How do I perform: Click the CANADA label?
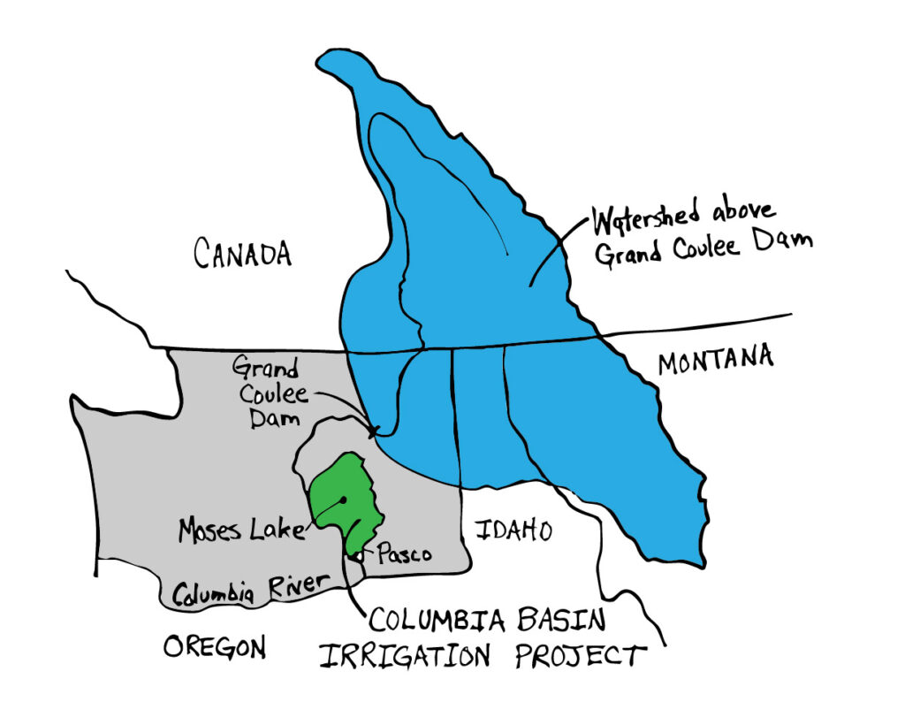coord(242,255)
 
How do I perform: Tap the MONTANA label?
coord(716,360)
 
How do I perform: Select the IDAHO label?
coord(513,531)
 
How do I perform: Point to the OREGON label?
coord(215,648)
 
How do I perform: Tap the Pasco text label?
coord(404,555)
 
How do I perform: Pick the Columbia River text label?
coord(250,589)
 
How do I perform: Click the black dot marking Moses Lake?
coord(341,500)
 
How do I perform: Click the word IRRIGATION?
coord(394,657)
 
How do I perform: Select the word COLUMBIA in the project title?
coord(430,620)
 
